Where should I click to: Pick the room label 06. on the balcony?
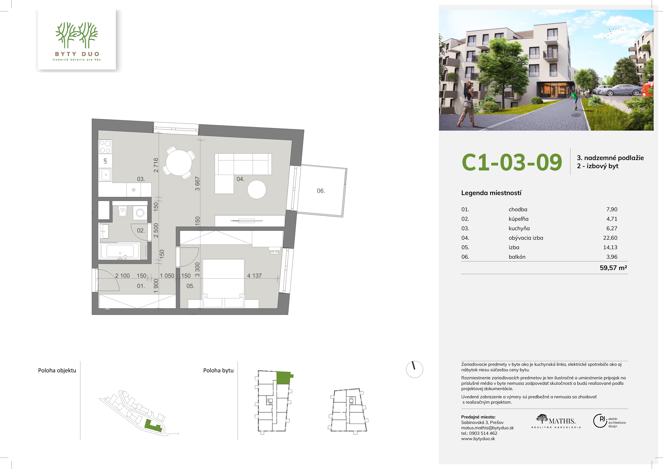click(x=321, y=191)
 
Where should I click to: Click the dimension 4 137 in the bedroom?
click(x=254, y=276)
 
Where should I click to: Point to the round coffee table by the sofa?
click(x=257, y=189)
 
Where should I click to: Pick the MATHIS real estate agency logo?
click(x=556, y=421)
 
